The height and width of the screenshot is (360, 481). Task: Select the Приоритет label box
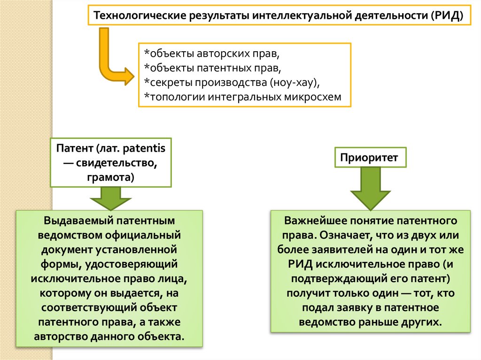tap(370, 158)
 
